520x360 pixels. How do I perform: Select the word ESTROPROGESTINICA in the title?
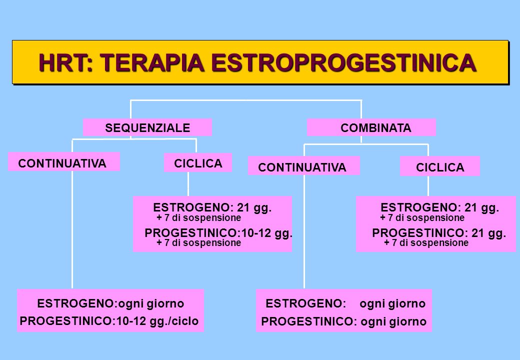coord(344,62)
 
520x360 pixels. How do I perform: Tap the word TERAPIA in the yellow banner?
coord(152,62)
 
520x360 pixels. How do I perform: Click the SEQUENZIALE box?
coord(147,127)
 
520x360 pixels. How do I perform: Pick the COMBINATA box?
coord(371,127)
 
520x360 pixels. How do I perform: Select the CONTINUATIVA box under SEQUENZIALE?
coord(63,161)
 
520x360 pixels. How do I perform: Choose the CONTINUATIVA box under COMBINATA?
coord(304,165)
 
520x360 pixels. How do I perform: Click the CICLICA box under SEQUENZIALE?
coord(198,162)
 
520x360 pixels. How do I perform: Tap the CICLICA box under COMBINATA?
coord(440,166)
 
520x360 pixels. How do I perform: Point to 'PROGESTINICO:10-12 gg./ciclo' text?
coord(109,321)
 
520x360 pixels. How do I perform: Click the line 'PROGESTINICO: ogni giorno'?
coord(344,321)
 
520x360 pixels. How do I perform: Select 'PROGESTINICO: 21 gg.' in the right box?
coord(439,233)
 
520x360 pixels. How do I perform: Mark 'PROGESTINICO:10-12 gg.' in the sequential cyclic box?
coord(218,233)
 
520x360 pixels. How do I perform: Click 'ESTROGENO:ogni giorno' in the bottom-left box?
coord(110,303)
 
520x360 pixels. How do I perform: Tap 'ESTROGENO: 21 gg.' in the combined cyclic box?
coord(439,207)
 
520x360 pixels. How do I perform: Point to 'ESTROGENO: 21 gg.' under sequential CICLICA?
coord(212,207)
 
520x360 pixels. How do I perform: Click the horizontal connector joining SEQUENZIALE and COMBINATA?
coord(246,100)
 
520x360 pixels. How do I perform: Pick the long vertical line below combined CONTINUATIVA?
coord(304,231)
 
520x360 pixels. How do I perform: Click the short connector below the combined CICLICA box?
coord(428,186)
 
